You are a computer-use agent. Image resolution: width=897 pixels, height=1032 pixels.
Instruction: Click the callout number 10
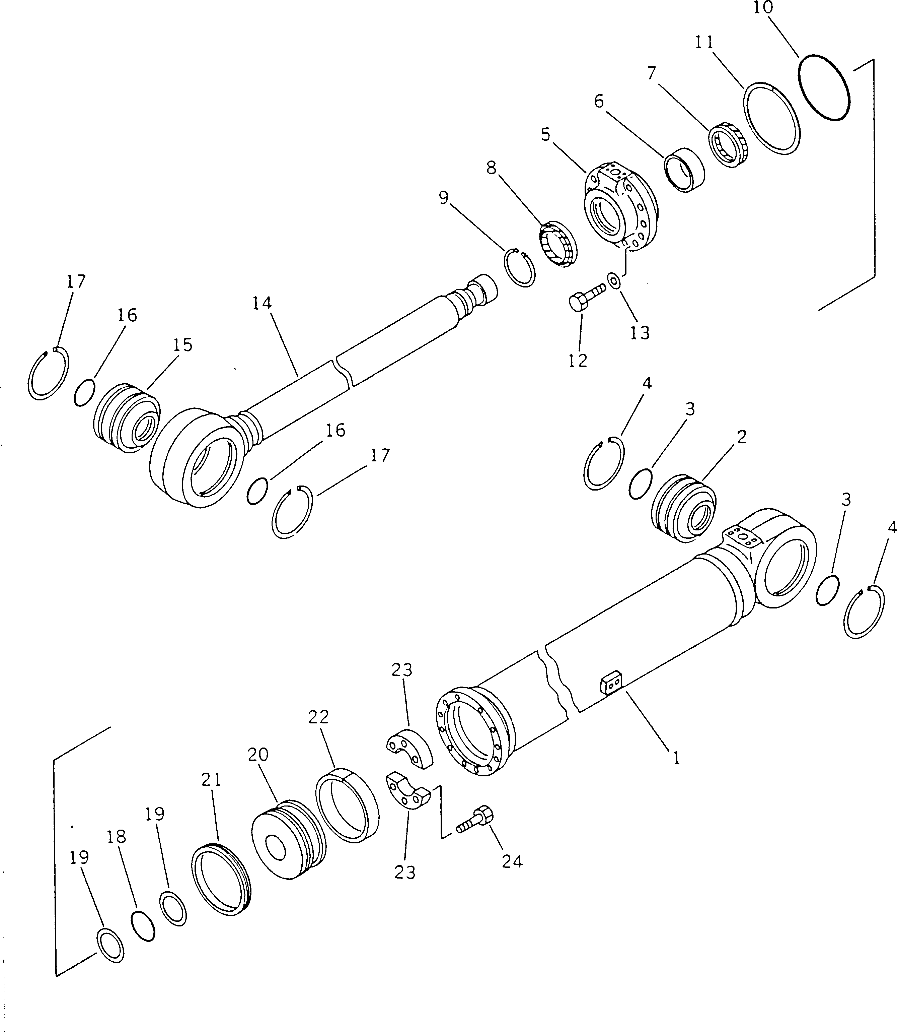pyautogui.click(x=763, y=8)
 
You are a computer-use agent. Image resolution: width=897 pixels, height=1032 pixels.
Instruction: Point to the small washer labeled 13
pyautogui.click(x=614, y=280)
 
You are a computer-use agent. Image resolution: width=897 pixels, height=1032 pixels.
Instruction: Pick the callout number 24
pyautogui.click(x=512, y=861)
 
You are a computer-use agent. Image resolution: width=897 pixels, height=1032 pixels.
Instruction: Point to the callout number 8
pyautogui.click(x=492, y=168)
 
